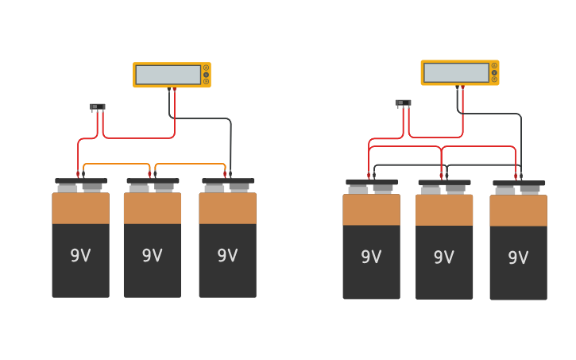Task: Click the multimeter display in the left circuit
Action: [168, 75]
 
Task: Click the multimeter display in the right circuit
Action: [456, 72]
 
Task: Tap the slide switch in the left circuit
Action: [97, 106]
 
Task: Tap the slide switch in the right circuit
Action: [403, 103]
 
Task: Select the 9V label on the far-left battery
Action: [80, 256]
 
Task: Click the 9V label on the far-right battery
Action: [518, 258]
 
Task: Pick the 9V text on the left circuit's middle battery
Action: [152, 256]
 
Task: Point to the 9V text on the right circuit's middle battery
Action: [444, 257]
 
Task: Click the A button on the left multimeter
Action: [206, 68]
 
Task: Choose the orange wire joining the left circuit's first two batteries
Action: [116, 165]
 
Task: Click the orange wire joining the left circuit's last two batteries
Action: [191, 165]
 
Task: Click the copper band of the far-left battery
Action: [80, 208]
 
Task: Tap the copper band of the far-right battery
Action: [518, 211]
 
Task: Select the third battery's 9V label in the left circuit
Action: [227, 256]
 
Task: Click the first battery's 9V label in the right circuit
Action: [371, 257]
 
